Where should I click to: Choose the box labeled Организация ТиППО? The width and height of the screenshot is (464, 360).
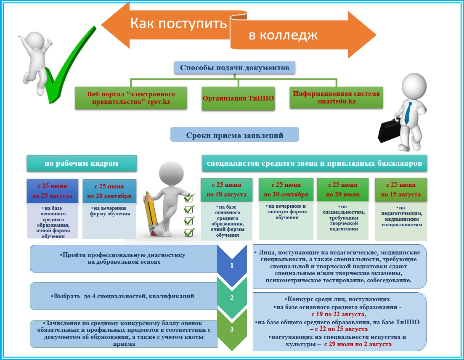coord(238,98)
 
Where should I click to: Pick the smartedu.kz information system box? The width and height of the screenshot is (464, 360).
coord(336,98)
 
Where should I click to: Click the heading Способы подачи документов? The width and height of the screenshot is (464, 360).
coord(235,68)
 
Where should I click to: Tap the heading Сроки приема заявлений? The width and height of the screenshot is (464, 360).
coord(234,135)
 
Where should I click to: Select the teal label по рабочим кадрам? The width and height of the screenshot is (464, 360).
coord(82,163)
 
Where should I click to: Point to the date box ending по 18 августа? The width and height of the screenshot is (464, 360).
coord(226,190)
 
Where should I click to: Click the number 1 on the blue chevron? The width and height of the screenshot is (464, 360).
coord(231,266)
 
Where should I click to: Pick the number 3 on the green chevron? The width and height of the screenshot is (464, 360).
coord(232,329)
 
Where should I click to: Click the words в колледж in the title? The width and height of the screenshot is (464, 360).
coord(283,35)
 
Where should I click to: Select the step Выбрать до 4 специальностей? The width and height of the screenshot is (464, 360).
coord(124,296)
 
